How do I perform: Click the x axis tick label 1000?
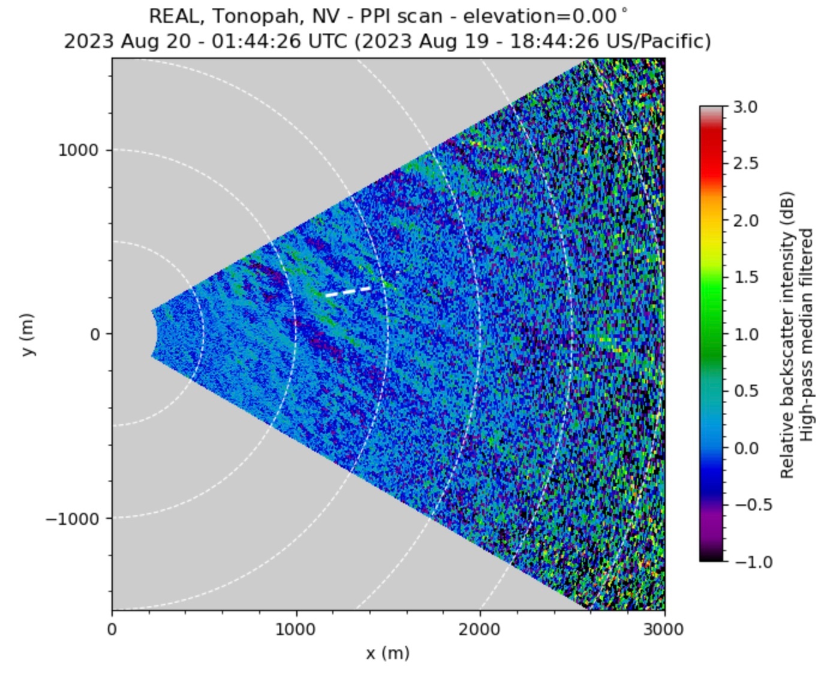(x=296, y=630)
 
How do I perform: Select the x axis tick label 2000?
(x=480, y=630)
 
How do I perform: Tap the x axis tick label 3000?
(x=664, y=630)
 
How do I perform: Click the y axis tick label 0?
(x=95, y=334)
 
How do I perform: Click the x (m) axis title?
(x=388, y=652)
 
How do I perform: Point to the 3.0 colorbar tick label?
(x=745, y=107)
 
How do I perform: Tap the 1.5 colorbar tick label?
(x=745, y=277)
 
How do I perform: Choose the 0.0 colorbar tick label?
(x=745, y=448)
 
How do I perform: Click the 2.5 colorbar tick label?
(x=745, y=164)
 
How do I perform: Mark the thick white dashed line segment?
(x=348, y=291)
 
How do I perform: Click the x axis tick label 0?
(x=112, y=630)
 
